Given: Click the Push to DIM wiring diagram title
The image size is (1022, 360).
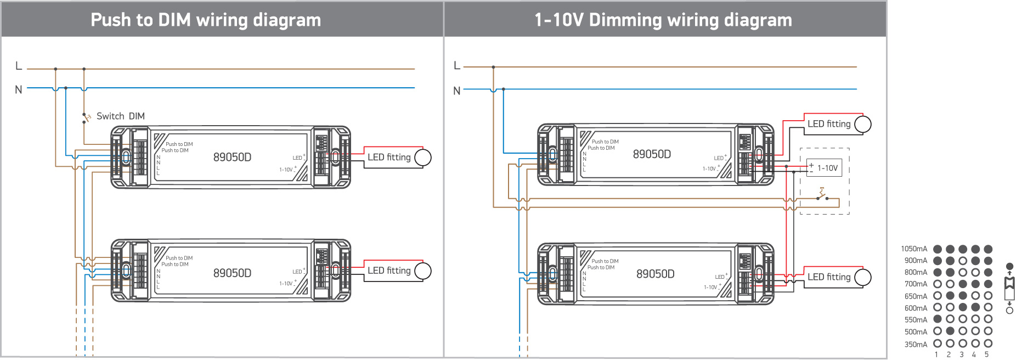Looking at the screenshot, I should pyautogui.click(x=206, y=20).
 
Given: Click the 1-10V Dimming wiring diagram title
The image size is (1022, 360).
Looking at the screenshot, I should pyautogui.click(x=663, y=20).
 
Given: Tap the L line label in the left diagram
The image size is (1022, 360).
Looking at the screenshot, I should pyautogui.click(x=19, y=66).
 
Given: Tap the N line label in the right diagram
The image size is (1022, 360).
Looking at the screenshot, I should pyautogui.click(x=456, y=91).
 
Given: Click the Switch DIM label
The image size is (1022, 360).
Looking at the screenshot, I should pyautogui.click(x=121, y=116).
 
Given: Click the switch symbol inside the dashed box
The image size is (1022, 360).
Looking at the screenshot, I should pyautogui.click(x=822, y=195).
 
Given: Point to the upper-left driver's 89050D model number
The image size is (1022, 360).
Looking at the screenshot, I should pyautogui.click(x=232, y=157).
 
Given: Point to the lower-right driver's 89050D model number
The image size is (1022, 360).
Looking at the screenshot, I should pyautogui.click(x=655, y=274).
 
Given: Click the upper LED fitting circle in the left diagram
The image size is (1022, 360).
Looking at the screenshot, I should pyautogui.click(x=423, y=157).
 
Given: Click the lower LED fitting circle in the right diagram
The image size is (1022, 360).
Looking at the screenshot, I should pyautogui.click(x=863, y=277).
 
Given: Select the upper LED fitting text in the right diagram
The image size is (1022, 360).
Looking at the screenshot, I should pyautogui.click(x=829, y=124).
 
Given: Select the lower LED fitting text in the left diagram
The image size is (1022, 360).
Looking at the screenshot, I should pyautogui.click(x=389, y=271).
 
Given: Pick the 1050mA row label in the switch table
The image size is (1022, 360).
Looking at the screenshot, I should pyautogui.click(x=914, y=249).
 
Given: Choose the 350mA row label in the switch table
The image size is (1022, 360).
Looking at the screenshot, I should pyautogui.click(x=916, y=345).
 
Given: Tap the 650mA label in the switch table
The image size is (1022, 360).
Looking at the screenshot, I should pyautogui.click(x=916, y=296).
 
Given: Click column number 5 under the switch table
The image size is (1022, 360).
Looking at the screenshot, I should pyautogui.click(x=986, y=355).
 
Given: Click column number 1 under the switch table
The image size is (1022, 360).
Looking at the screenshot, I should pyautogui.click(x=936, y=355).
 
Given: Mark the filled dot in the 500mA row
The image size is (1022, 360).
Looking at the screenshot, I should pyautogui.click(x=950, y=331).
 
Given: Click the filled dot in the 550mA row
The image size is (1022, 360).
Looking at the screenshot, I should pyautogui.click(x=938, y=319).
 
